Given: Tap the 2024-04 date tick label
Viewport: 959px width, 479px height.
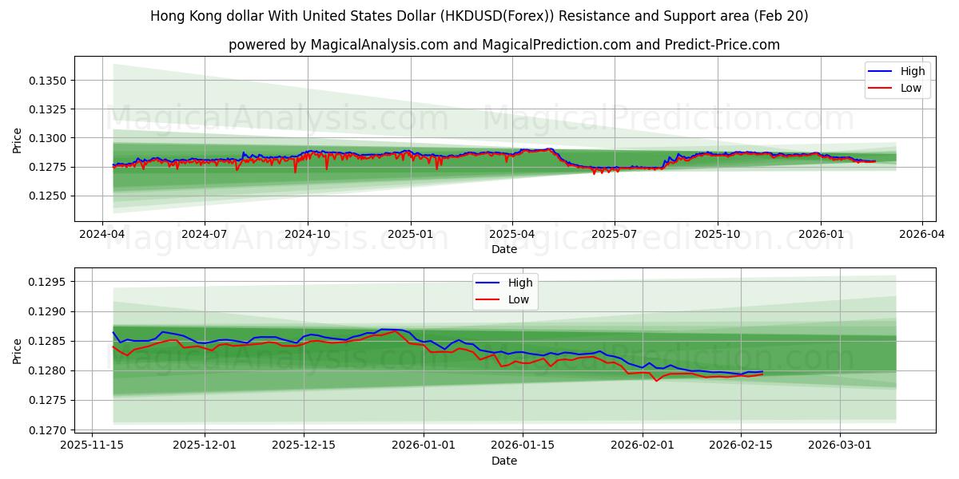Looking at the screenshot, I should [101, 235].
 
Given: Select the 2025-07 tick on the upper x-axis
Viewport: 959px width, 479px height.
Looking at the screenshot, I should [615, 235].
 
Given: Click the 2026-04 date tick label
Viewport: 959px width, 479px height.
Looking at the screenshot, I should [922, 235].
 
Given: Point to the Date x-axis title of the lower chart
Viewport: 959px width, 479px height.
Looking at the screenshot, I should [503, 461].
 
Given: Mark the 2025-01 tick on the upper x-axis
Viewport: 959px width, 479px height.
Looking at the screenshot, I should [411, 235].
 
